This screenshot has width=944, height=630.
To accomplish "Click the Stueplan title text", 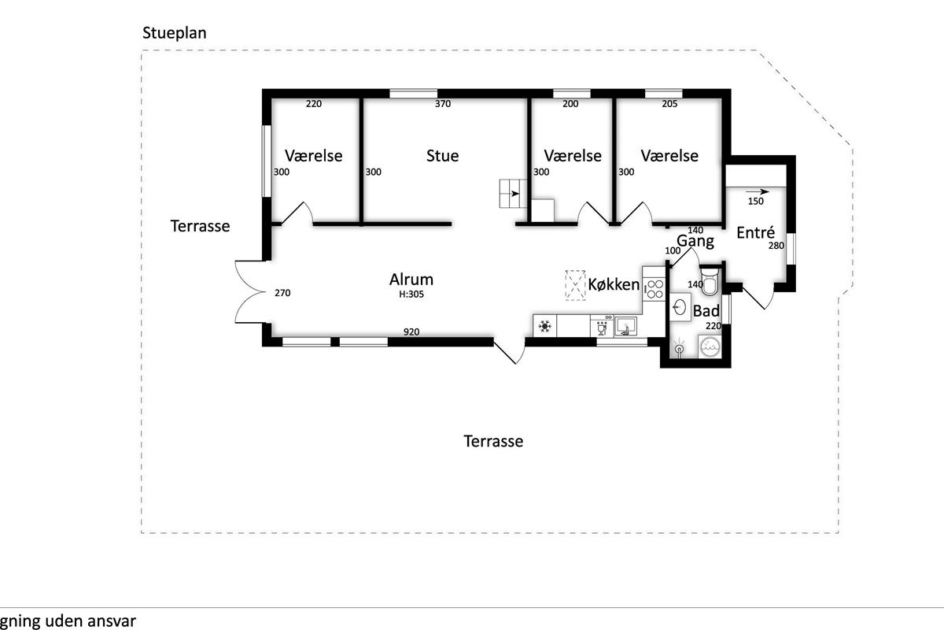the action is pyautogui.click(x=174, y=33).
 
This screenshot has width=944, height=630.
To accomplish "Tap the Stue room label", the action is pyautogui.click(x=442, y=156).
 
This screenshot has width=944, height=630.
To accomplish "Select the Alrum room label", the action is pyautogui.click(x=411, y=280).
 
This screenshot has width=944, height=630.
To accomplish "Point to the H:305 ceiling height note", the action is pyautogui.click(x=411, y=294).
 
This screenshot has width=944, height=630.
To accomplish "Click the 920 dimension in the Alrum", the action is pyautogui.click(x=411, y=332).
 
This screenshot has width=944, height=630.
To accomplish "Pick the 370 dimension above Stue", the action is pyautogui.click(x=443, y=104).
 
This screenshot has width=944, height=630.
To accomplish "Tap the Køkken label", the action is pyautogui.click(x=614, y=284).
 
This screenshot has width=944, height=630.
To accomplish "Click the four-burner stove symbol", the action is pyautogui.click(x=655, y=289).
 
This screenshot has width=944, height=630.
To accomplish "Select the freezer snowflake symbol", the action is pyautogui.click(x=545, y=326).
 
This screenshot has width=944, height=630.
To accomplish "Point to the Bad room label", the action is pyautogui.click(x=706, y=311).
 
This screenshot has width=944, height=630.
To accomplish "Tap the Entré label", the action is pyautogui.click(x=756, y=232).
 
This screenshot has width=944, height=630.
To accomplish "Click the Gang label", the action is pyautogui.click(x=695, y=242).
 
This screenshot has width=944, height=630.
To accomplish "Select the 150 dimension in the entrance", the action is pyautogui.click(x=756, y=202).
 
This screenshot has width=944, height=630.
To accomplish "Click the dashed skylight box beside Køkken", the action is pyautogui.click(x=575, y=285).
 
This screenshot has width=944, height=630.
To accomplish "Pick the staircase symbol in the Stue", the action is pyautogui.click(x=513, y=194).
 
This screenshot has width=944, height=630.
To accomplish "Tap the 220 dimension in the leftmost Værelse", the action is pyautogui.click(x=314, y=104).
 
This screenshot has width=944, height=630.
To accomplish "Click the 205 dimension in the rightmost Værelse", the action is pyautogui.click(x=669, y=104).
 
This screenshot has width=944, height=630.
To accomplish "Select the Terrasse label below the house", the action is pyautogui.click(x=493, y=441).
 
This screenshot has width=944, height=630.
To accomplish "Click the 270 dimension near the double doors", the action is pyautogui.click(x=282, y=293).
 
